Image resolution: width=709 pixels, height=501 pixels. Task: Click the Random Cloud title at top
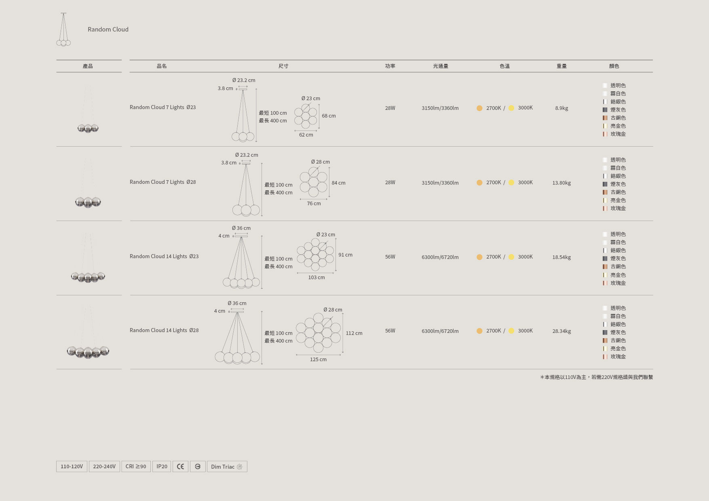pos(108,29)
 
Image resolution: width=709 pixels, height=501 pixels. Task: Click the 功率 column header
pos(390,66)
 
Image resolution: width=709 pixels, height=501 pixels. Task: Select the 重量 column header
pos(561,66)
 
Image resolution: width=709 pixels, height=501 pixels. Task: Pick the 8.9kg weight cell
pos(561,108)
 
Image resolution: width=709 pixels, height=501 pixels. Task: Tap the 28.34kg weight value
pos(561,331)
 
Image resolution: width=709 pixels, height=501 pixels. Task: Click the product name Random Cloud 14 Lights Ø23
pos(164,256)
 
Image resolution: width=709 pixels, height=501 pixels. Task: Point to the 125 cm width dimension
pos(318,360)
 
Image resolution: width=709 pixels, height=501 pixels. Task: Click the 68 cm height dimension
pos(329,116)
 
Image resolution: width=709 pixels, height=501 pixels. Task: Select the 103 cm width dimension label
pos(317,278)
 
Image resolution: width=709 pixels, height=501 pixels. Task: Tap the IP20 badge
pos(162,466)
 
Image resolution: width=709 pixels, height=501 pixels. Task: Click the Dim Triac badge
pos(227,466)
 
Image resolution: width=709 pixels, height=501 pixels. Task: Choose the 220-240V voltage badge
pos(104,466)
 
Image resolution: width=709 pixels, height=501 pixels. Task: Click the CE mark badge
pos(180,466)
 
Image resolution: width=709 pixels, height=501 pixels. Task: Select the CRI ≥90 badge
pos(136,466)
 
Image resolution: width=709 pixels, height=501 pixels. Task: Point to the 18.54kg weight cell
pos(561,257)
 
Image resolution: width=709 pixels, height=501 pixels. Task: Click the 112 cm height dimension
pos(354,333)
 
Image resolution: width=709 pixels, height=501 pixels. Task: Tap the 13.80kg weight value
pos(561,183)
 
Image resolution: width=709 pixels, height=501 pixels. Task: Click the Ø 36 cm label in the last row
pos(237,303)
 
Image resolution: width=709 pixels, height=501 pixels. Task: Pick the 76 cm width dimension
pos(314,204)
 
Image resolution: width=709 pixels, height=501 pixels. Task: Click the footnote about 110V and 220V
pos(596,377)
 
